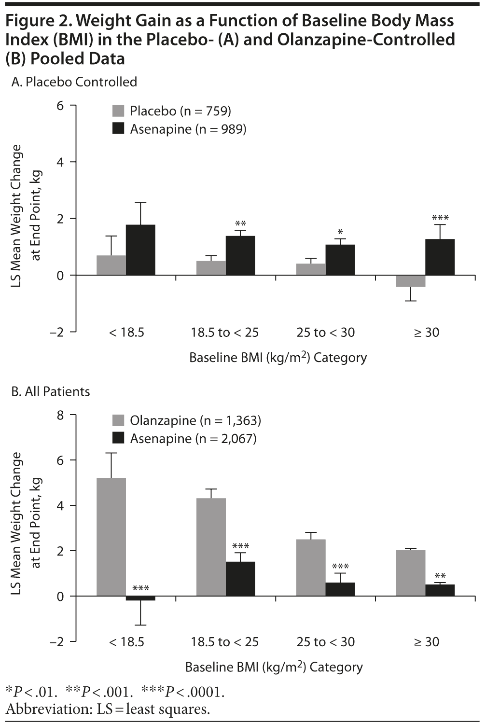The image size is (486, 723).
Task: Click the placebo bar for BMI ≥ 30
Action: (x=410, y=281)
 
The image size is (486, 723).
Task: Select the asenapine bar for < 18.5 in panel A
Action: (x=140, y=250)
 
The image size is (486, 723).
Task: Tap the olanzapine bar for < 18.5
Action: (x=111, y=537)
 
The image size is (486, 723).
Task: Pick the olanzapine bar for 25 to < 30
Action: (x=311, y=568)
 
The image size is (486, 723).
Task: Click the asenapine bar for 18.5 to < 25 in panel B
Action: (x=240, y=579)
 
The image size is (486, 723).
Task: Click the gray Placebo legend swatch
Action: (x=118, y=111)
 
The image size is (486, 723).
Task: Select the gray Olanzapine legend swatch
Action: (x=118, y=420)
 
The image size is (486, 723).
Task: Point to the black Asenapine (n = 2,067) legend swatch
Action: (x=118, y=438)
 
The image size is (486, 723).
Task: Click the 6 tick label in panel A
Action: (x=60, y=105)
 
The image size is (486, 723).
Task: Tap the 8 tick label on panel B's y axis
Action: (x=60, y=415)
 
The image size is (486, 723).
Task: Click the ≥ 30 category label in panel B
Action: (x=427, y=642)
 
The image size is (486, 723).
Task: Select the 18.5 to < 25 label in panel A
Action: (x=225, y=333)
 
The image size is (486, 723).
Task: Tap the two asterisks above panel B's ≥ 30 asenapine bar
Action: (x=440, y=576)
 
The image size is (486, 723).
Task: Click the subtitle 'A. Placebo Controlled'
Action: (x=74, y=82)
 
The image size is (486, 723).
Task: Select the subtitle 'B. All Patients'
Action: (x=51, y=391)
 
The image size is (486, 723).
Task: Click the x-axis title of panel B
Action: (x=274, y=667)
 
